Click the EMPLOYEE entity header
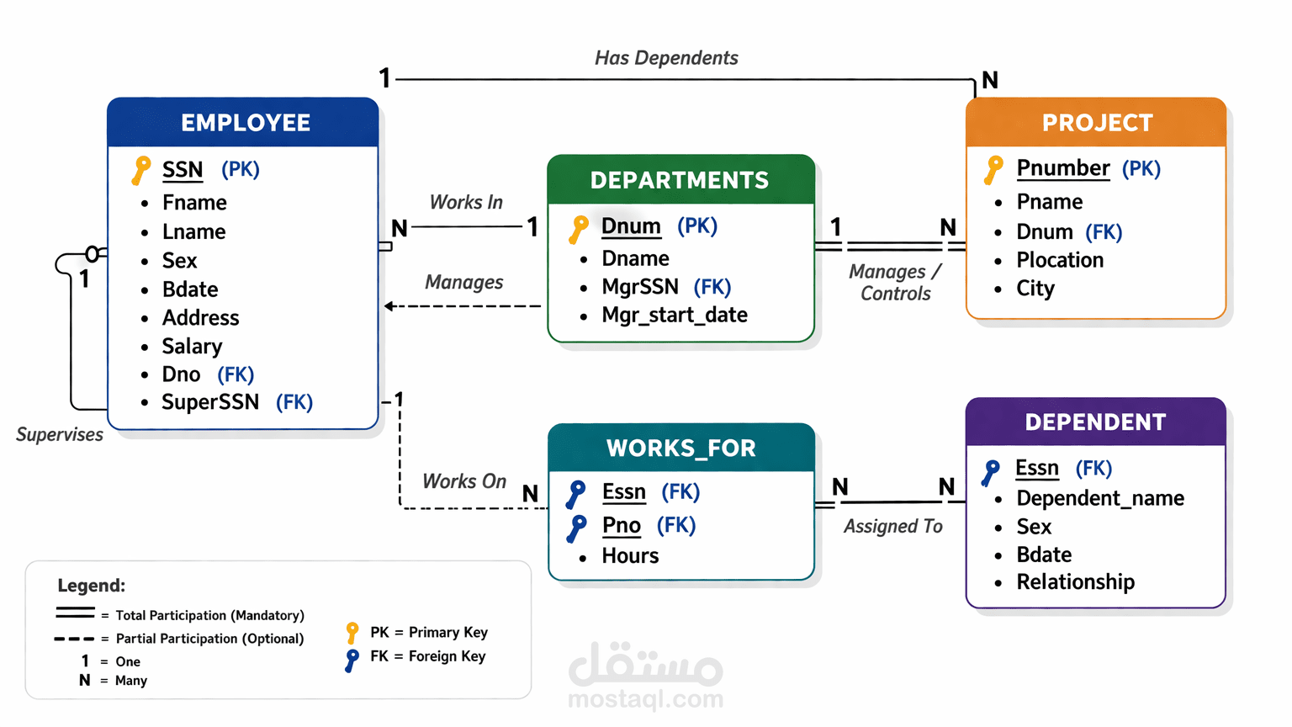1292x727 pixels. tap(245, 123)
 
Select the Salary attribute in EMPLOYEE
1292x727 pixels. tap(192, 347)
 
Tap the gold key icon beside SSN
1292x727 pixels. tap(141, 169)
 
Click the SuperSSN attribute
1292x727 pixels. tap(210, 402)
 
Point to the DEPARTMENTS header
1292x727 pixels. tap(680, 180)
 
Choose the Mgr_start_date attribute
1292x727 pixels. tap(674, 316)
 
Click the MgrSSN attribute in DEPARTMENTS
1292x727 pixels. tap(640, 287)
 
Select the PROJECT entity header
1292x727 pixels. tap(1097, 123)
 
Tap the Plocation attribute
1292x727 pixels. tap(1060, 260)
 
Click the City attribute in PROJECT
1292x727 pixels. tap(1035, 289)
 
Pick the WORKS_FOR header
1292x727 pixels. tap(680, 448)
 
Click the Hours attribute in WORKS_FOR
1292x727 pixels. tap(630, 556)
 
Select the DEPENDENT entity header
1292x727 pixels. tap(1095, 422)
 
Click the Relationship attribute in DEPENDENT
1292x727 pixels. tap(1075, 582)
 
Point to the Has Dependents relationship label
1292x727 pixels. tap(666, 58)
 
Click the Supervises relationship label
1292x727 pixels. tap(60, 435)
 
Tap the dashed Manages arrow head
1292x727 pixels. tap(389, 306)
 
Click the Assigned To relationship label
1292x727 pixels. tap(892, 527)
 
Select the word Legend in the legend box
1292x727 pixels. tap(90, 586)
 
